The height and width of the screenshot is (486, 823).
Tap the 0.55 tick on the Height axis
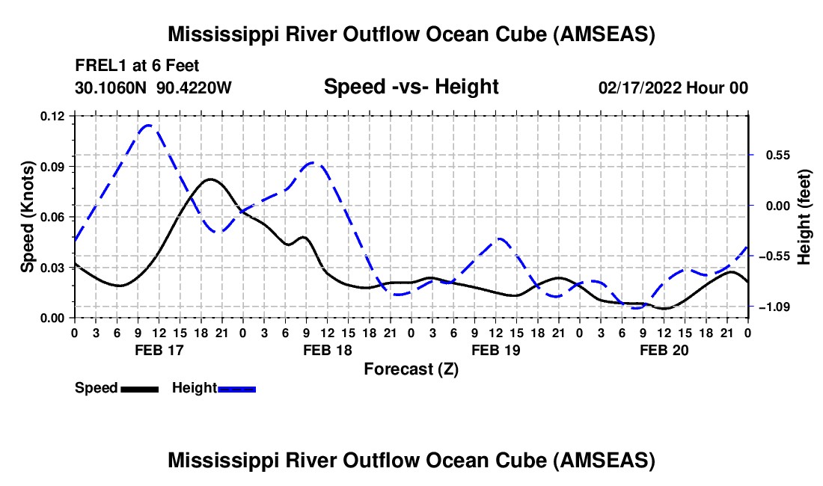(778, 156)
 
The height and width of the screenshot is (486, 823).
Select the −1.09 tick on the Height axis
(774, 307)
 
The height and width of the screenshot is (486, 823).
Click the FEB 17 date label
(159, 350)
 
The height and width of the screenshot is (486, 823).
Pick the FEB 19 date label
(495, 350)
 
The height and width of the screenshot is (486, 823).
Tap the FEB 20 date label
(664, 350)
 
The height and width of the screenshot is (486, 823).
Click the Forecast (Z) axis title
(411, 369)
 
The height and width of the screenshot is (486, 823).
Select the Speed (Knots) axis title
(27, 217)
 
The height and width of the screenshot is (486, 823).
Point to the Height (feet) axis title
(804, 217)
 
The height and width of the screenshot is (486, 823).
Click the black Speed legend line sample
(140, 389)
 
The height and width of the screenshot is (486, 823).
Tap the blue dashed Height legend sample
(236, 389)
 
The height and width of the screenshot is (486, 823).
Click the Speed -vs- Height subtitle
(411, 87)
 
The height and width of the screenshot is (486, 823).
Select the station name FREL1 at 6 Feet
(137, 66)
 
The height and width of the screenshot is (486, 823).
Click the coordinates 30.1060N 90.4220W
(153, 87)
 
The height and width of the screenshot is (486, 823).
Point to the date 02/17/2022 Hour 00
(673, 87)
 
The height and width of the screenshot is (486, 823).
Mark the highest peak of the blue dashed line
(148, 126)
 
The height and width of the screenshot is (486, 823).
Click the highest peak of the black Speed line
(210, 179)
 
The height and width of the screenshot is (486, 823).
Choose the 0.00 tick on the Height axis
(778, 206)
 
